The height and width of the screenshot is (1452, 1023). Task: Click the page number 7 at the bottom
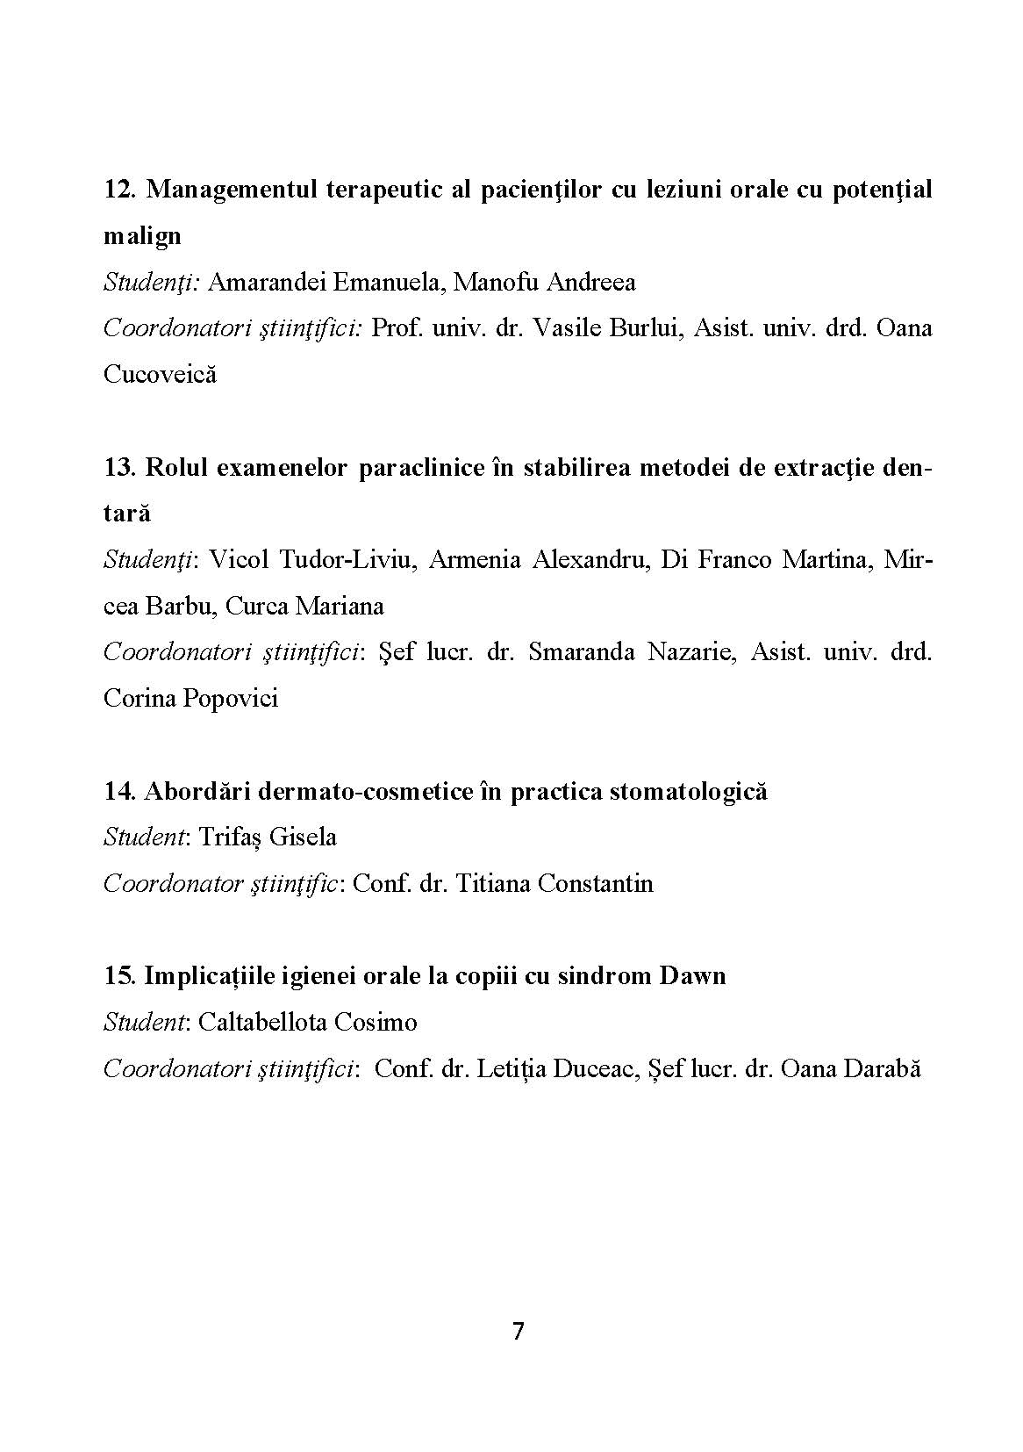pyautogui.click(x=518, y=1332)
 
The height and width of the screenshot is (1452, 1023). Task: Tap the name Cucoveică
pyautogui.click(x=160, y=375)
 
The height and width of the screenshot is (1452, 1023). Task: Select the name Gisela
pyautogui.click(x=303, y=837)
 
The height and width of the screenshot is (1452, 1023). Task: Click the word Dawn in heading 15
pyautogui.click(x=692, y=976)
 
